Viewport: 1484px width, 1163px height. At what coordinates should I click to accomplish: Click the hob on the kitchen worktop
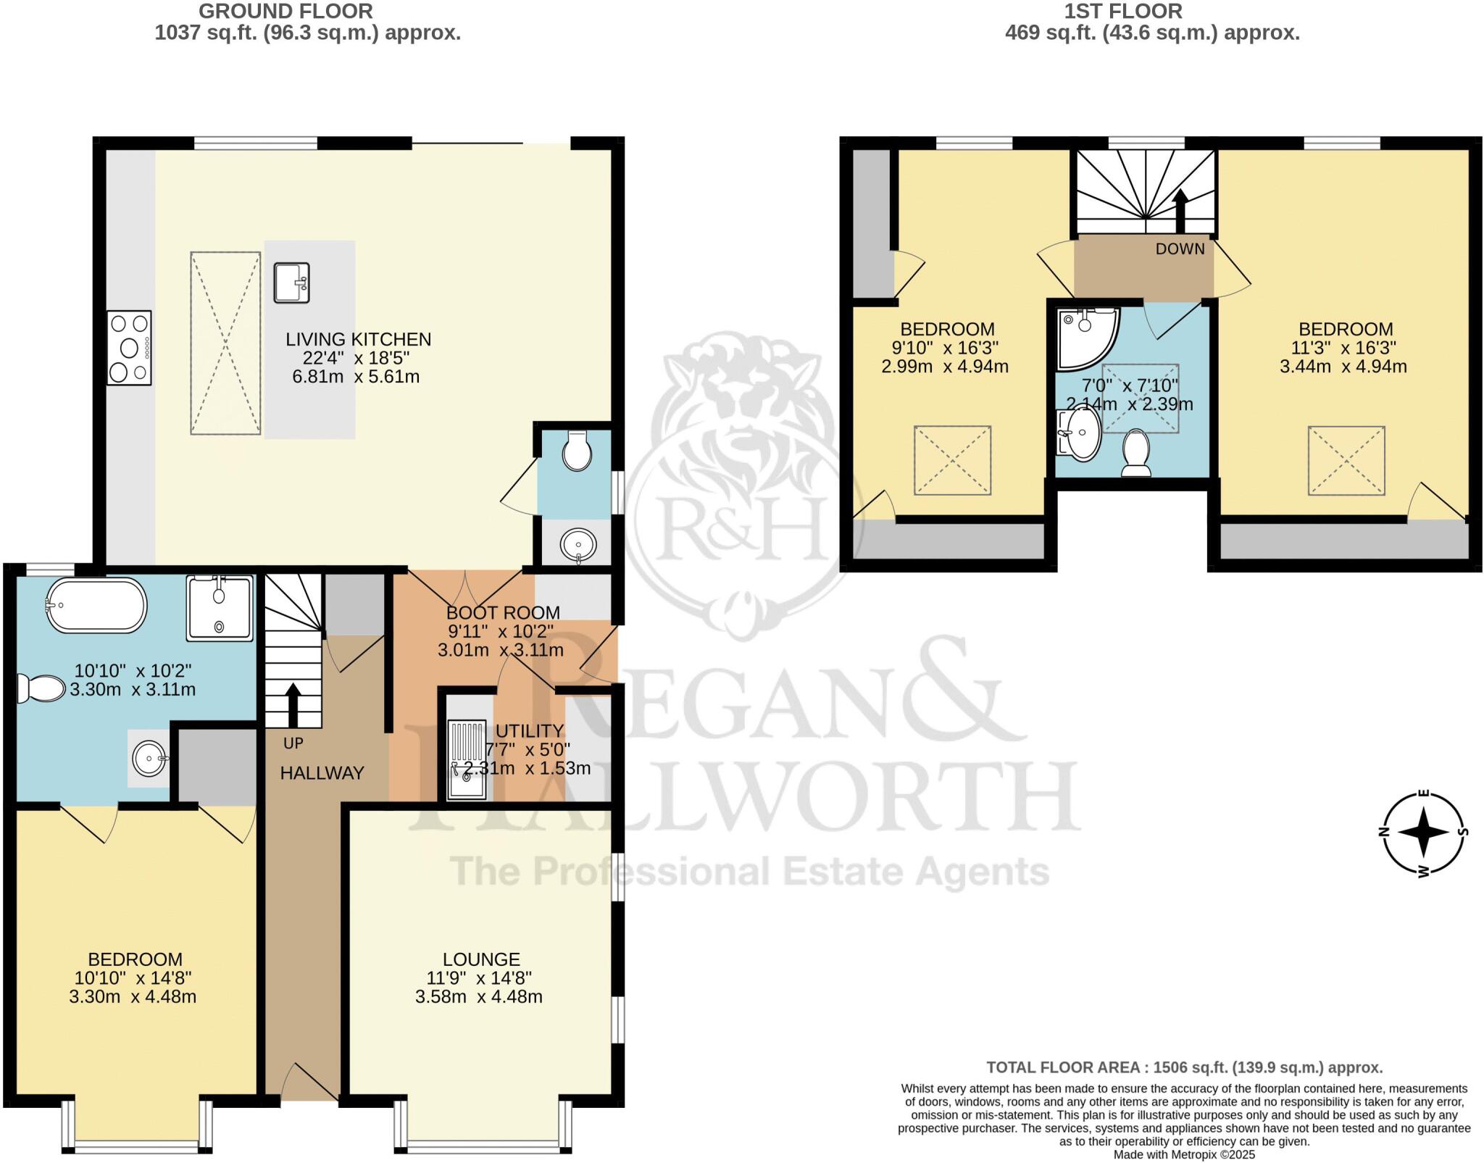[x=129, y=348]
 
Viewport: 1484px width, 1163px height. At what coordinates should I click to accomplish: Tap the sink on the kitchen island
[x=291, y=283]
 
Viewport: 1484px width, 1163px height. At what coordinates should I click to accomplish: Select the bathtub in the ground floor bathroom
[x=97, y=604]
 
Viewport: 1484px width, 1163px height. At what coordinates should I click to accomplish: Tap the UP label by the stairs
[x=293, y=743]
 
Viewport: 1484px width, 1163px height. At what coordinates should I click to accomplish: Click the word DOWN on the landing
[x=1180, y=249]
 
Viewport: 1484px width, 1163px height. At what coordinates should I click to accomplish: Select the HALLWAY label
[x=322, y=773]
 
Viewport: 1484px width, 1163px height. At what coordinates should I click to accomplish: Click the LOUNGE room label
[x=481, y=959]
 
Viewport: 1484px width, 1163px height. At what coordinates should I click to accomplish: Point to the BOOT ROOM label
[x=503, y=613]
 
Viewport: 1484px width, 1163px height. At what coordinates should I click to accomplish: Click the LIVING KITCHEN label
[x=358, y=339]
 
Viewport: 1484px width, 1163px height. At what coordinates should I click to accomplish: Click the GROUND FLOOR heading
[x=285, y=11]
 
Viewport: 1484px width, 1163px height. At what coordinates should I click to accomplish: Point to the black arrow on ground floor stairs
[x=293, y=703]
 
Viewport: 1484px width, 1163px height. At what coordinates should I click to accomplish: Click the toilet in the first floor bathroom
[x=1135, y=453]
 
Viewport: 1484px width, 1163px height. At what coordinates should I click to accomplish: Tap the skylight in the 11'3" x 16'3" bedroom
[x=1346, y=460]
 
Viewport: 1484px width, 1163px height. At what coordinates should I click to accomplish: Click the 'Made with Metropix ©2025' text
[x=1184, y=1154]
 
